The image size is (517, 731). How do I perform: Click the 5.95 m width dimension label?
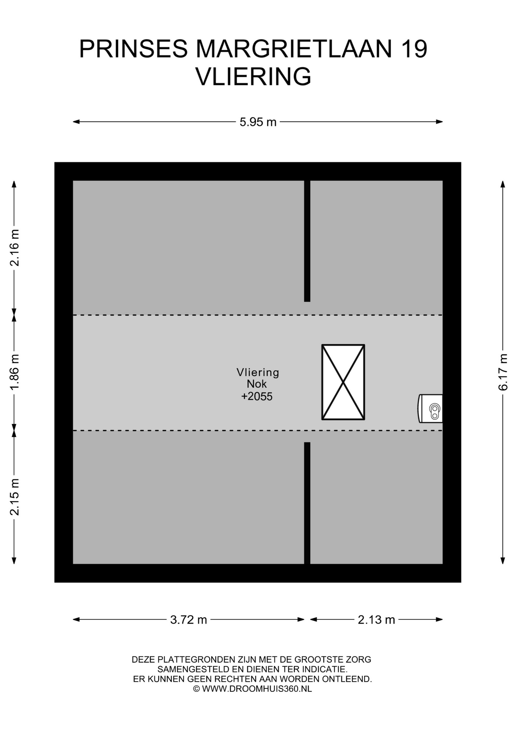pos(258,122)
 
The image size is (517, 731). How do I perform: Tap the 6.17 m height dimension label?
pos(503,372)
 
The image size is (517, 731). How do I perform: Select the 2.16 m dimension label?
pos(14,247)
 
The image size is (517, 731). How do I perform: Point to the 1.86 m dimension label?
pos(14,372)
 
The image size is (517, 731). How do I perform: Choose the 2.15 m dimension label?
pos(14,497)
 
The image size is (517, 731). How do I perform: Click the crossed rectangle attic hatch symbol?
pos(343,382)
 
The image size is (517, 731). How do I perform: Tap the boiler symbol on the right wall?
pos(430,409)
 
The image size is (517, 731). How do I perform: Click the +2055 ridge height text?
pos(257,396)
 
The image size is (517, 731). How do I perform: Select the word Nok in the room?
pos(257,384)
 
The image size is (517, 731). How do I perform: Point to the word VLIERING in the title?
pos(254,77)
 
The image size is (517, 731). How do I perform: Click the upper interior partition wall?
pos(307,241)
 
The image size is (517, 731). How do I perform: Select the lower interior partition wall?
pos(307,503)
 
